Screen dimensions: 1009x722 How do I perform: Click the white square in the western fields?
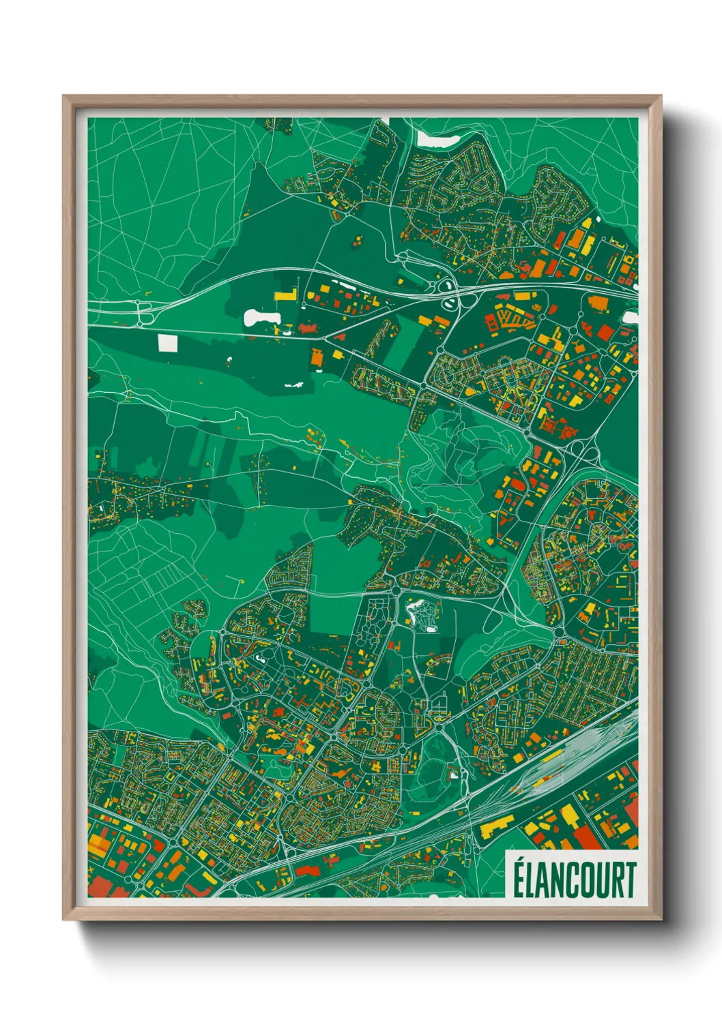pos(167,342)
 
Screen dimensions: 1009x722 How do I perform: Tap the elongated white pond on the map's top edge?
pos(437,140)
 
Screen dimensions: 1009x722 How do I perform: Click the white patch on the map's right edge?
pos(631,316)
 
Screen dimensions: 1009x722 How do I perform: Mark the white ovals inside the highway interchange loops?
pos(449,295)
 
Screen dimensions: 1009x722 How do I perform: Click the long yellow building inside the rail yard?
pos(546,762)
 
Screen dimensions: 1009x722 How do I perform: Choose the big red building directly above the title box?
pos(588,837)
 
